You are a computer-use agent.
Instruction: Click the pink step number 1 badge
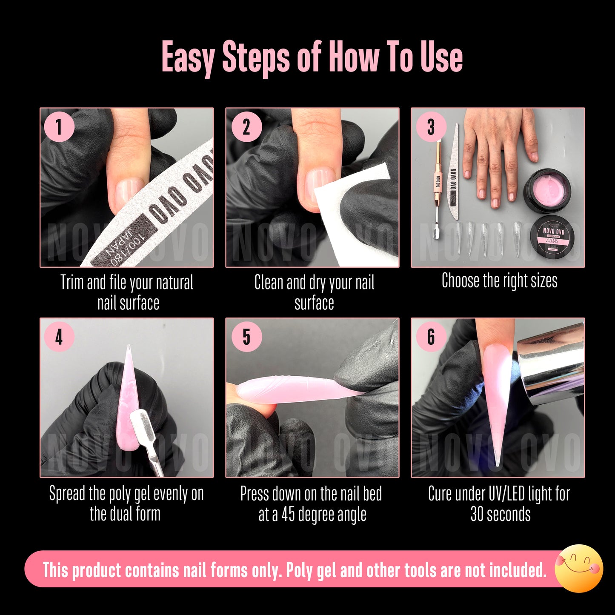pos(59,127)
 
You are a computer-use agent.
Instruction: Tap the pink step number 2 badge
pos(246,127)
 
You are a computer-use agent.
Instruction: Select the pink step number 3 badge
pos(431,127)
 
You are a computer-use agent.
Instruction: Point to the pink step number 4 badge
pos(59,337)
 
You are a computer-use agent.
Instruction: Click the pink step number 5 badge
pos(246,337)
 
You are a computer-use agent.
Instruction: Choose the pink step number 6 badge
pos(431,337)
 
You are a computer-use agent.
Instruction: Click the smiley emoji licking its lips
pos(579,568)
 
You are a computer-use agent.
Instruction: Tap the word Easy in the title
pos(188,57)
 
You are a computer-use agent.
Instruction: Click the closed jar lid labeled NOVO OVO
pos(553,235)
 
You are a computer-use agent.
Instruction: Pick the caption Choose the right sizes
pos(499,281)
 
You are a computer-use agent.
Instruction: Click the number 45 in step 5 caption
pos(288,514)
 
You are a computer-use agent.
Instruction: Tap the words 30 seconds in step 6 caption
pos(500,514)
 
